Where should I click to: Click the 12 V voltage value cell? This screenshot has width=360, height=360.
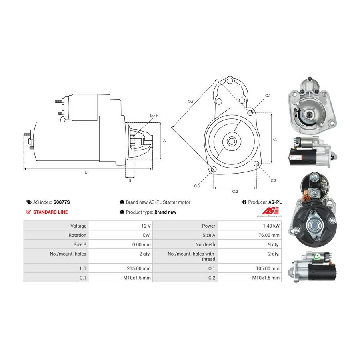(146, 226)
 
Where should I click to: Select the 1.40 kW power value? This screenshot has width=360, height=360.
(271, 226)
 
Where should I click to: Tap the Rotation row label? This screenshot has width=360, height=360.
(77, 235)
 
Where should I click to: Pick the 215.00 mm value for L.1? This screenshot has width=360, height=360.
(139, 268)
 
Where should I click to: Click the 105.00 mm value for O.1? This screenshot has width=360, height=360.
(268, 268)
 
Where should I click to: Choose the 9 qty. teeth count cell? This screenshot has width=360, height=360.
(274, 245)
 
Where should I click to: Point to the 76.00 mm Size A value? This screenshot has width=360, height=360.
(269, 235)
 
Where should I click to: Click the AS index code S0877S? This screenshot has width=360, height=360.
(62, 202)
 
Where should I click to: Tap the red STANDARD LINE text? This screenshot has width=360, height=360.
(50, 212)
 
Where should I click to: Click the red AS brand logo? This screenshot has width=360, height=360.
(270, 211)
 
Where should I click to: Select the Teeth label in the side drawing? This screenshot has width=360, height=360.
(154, 116)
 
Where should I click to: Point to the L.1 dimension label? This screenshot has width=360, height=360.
(86, 172)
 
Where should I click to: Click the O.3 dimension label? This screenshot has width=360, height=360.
(190, 102)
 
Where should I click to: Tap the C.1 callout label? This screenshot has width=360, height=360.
(268, 96)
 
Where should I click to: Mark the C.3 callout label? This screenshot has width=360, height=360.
(197, 186)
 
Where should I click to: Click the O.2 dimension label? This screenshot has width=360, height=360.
(235, 192)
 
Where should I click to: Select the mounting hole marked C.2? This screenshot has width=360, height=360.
(257, 164)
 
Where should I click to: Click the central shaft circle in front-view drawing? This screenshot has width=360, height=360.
(232, 142)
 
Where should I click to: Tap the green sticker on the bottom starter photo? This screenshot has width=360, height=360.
(317, 256)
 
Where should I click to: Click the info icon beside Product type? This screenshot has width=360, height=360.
(122, 212)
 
